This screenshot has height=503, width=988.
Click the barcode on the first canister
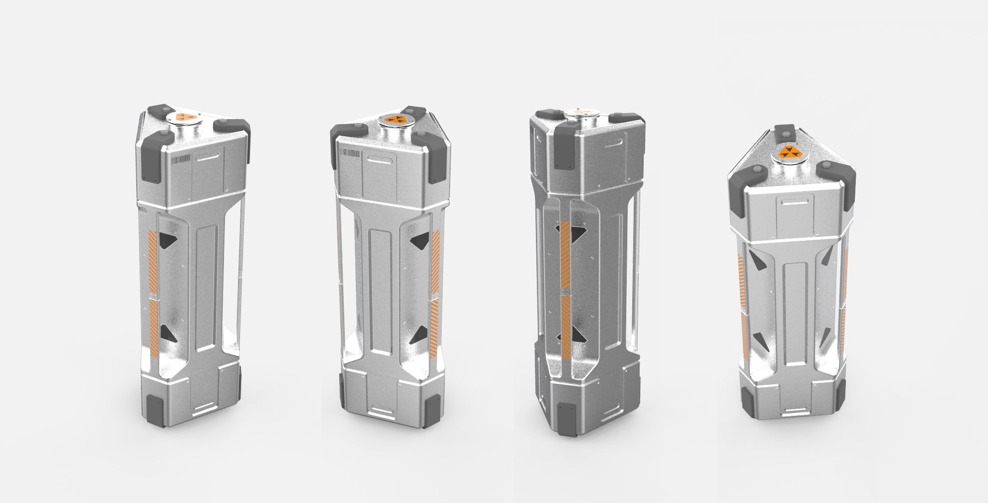pos(181,159)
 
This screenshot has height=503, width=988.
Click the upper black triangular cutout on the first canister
pos(167,240)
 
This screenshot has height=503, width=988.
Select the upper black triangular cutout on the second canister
pos(421,240)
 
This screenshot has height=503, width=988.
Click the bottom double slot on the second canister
pos(383,411)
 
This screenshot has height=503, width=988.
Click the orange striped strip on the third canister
pos(565,289)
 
